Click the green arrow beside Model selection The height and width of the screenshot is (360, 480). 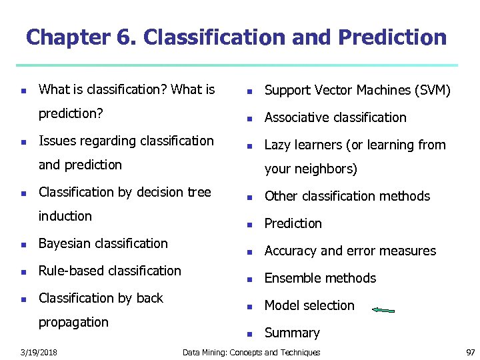pyautogui.click(x=383, y=310)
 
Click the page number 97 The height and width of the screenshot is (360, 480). pyautogui.click(x=469, y=352)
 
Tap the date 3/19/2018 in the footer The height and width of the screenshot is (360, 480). pyautogui.click(x=39, y=352)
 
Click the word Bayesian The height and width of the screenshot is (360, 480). pyautogui.click(x=65, y=244)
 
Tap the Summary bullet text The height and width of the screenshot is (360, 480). pyautogui.click(x=292, y=333)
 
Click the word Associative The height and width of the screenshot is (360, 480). pyautogui.click(x=297, y=117)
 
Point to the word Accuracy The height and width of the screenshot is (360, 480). pyautogui.click(x=291, y=251)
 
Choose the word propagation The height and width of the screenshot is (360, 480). pyautogui.click(x=73, y=323)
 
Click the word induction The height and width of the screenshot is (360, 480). pyautogui.click(x=65, y=216)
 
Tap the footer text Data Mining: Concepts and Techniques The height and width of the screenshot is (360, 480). pyautogui.click(x=251, y=352)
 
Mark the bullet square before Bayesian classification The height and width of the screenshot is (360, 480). pyautogui.click(x=23, y=245)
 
